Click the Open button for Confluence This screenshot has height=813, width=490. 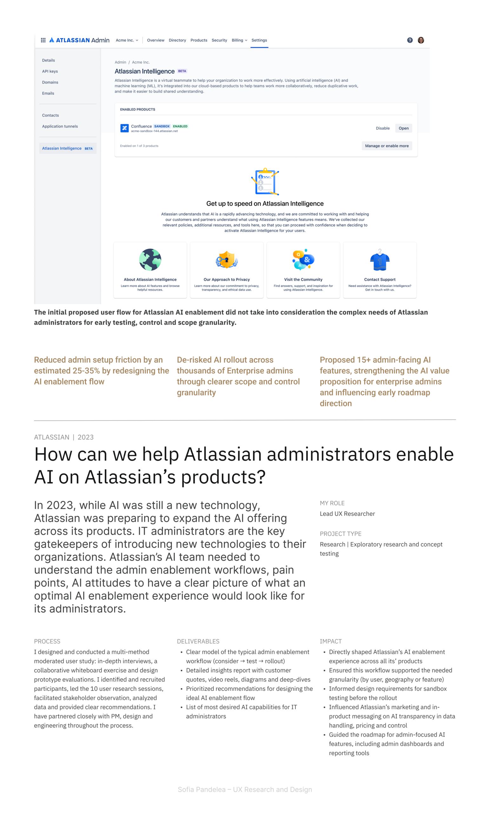[x=403, y=128]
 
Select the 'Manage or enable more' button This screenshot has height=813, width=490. [x=387, y=145]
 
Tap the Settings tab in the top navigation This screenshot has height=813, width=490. [x=259, y=40]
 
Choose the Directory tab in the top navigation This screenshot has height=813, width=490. [x=177, y=40]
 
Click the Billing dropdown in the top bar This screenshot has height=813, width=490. [x=239, y=40]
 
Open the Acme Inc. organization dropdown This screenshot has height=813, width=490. [x=127, y=40]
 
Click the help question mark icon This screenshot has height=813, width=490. [x=409, y=40]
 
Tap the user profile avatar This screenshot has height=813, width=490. [x=421, y=40]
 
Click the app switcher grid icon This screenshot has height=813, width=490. [x=43, y=40]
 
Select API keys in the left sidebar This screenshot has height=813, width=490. [x=50, y=71]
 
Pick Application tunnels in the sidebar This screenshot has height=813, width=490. [x=60, y=126]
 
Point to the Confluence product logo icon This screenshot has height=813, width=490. [x=124, y=128]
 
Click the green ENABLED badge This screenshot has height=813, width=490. [x=180, y=126]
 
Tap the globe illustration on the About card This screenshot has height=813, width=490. [x=150, y=260]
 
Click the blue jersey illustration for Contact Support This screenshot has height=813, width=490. [x=380, y=261]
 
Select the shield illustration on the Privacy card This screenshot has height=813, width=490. [x=227, y=260]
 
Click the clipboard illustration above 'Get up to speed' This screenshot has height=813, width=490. [x=265, y=181]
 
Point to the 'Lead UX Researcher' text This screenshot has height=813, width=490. [x=347, y=514]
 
